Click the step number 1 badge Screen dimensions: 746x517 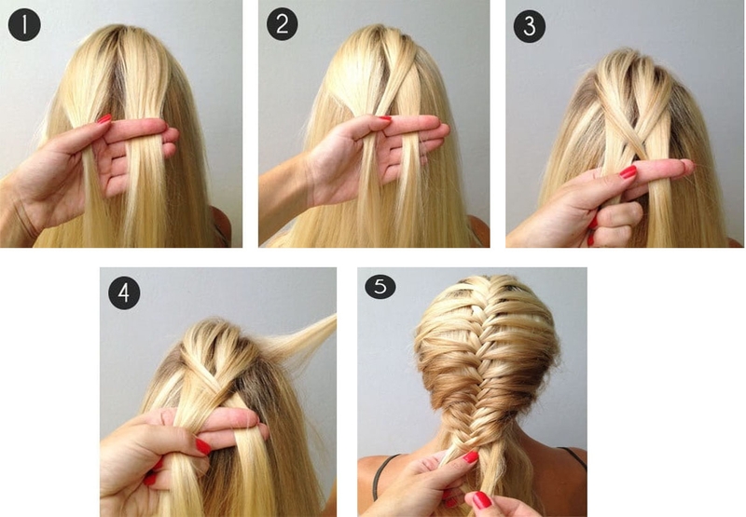pyautogui.click(x=24, y=25)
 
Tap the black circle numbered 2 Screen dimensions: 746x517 pyautogui.click(x=283, y=24)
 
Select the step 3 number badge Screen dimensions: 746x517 pyautogui.click(x=530, y=27)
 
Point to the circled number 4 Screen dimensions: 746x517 pyautogui.click(x=124, y=293)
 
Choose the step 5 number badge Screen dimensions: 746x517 pyautogui.click(x=380, y=287)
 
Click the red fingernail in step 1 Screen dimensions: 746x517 pyautogui.click(x=104, y=119)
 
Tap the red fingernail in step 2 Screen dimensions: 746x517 pyautogui.click(x=384, y=118)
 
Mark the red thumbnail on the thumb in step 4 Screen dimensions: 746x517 pyautogui.click(x=203, y=447)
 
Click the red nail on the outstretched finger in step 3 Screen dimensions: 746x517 pyautogui.click(x=628, y=172)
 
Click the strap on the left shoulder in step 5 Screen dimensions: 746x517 pyautogui.click(x=382, y=475)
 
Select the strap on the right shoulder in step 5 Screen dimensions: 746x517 pyautogui.click(x=573, y=457)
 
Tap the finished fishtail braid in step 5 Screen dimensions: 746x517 pyautogui.click(x=480, y=389)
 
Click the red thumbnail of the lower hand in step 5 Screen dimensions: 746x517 pyautogui.click(x=481, y=500)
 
